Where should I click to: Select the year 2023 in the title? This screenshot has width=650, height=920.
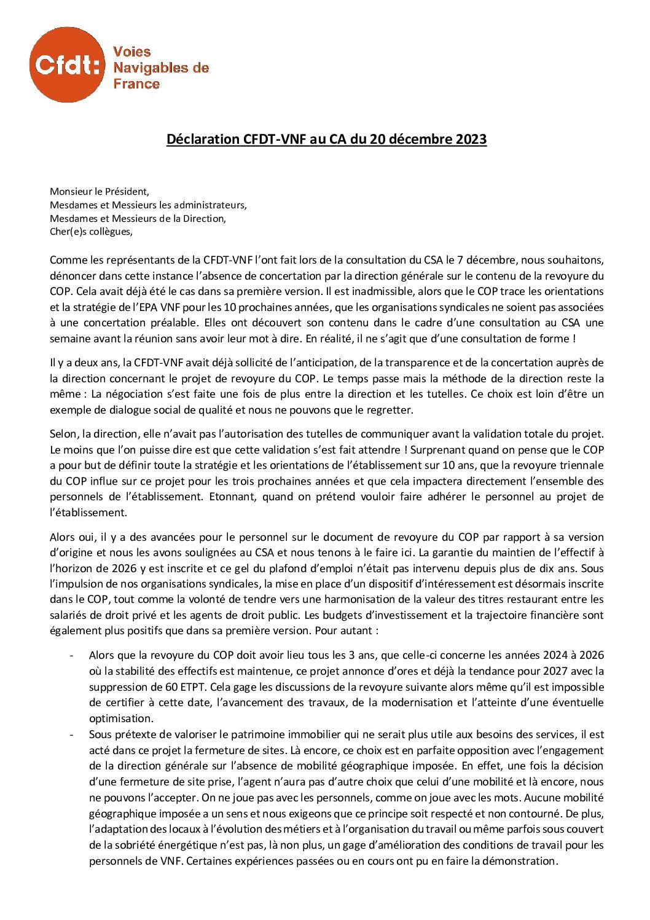pyautogui.click(x=471, y=140)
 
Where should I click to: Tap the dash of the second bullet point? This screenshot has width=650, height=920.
pyautogui.click(x=72, y=734)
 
